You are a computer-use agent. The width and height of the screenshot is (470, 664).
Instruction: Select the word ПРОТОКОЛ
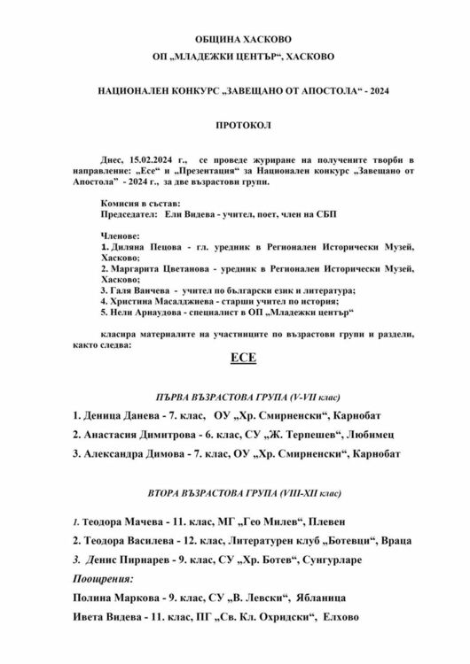click(x=242, y=126)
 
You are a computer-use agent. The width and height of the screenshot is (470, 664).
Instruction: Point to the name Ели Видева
click(x=185, y=215)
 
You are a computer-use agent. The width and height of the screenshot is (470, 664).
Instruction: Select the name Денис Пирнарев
click(x=128, y=559)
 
